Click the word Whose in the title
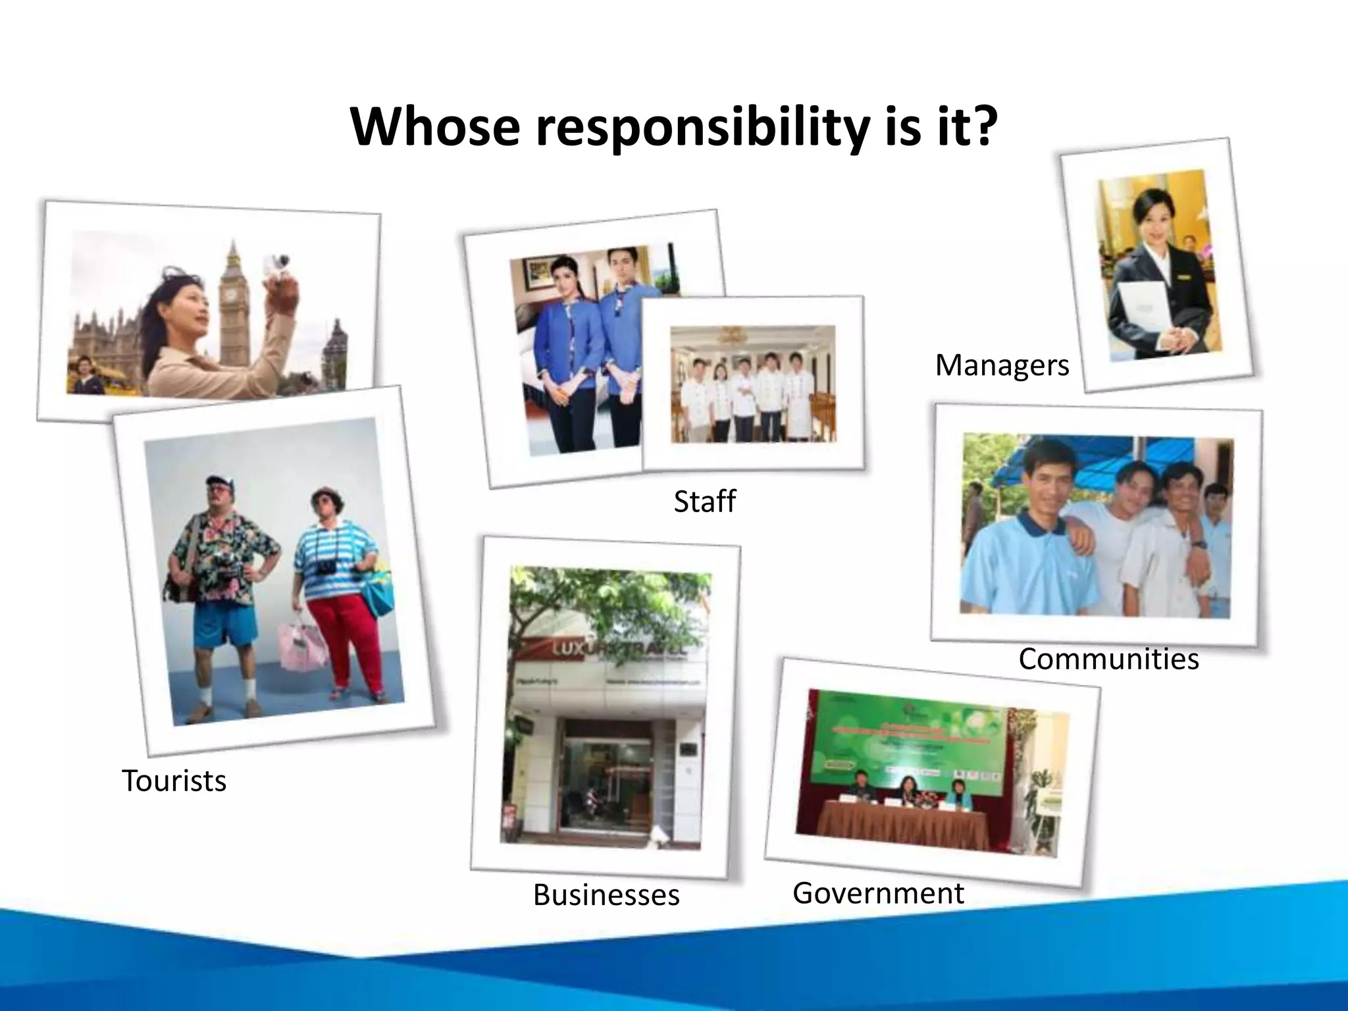(434, 126)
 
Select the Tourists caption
(174, 781)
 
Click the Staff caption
(704, 502)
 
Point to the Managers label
(1002, 365)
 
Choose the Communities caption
(1108, 659)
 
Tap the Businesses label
(606, 895)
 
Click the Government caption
(878, 893)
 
